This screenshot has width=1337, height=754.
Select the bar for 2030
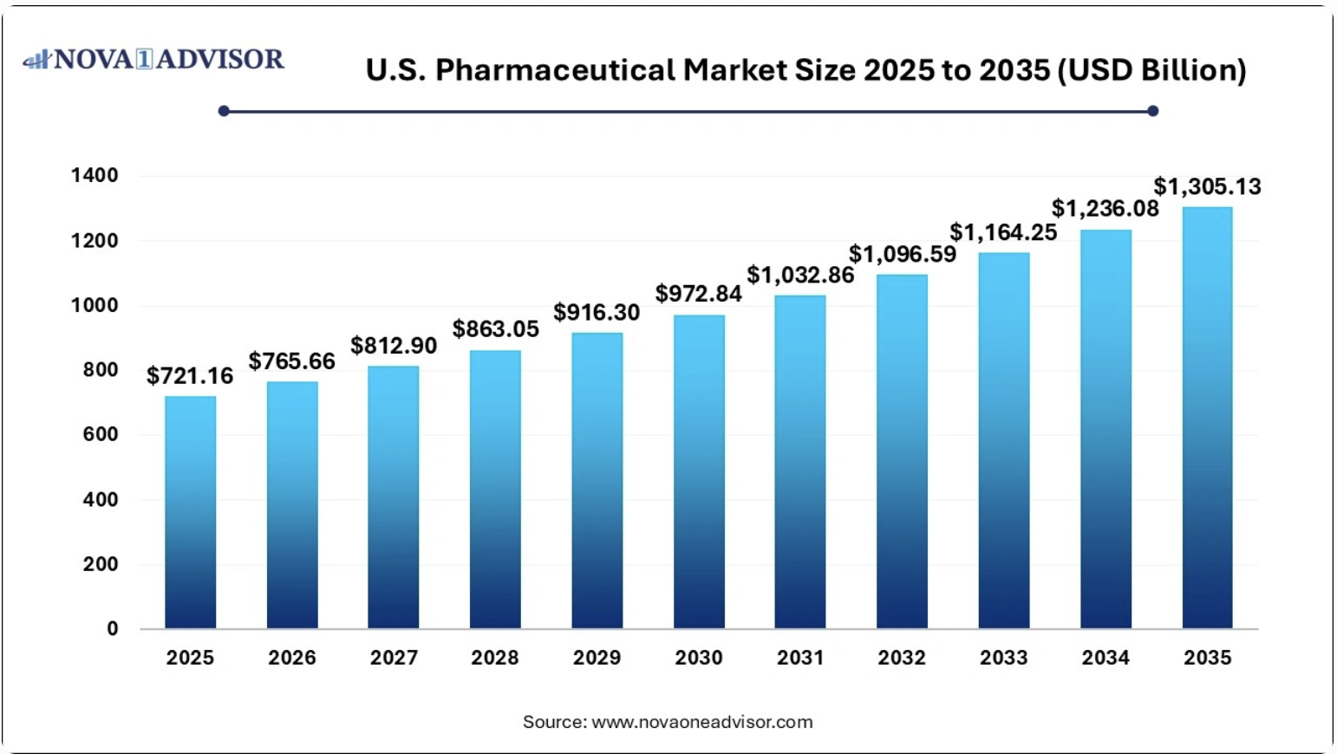pyautogui.click(x=699, y=471)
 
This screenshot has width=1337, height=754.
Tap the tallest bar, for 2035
pyautogui.click(x=1207, y=418)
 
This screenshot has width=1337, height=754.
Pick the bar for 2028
pyautogui.click(x=495, y=489)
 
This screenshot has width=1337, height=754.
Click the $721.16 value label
pyautogui.click(x=190, y=376)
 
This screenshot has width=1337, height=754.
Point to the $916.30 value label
pyautogui.click(x=597, y=313)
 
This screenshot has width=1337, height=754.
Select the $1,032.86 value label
pyautogui.click(x=800, y=276)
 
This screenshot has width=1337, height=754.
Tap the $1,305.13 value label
pyautogui.click(x=1207, y=187)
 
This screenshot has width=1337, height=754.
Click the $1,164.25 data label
pyautogui.click(x=1003, y=232)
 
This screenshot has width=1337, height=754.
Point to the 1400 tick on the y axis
pyautogui.click(x=95, y=176)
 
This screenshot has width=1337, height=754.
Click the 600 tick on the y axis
pyautogui.click(x=101, y=434)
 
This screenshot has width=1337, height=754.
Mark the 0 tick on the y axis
pyautogui.click(x=113, y=629)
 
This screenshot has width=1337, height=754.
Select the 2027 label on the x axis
pyautogui.click(x=394, y=658)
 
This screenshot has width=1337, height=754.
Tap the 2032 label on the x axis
pyautogui.click(x=902, y=658)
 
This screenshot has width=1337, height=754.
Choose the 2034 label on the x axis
pyautogui.click(x=1105, y=658)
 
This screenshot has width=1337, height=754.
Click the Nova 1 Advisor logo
pyautogui.click(x=153, y=59)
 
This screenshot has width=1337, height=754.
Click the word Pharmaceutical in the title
pyautogui.click(x=555, y=70)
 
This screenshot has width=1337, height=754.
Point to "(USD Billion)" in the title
pyautogui.click(x=1151, y=70)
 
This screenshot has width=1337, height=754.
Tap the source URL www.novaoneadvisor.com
pyautogui.click(x=702, y=722)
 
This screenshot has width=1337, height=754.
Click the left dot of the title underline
pyautogui.click(x=224, y=111)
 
